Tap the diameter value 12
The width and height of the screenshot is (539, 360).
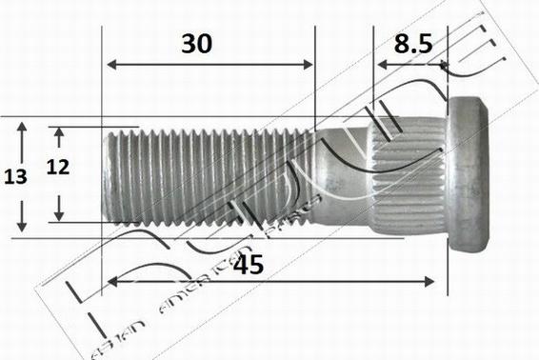click(x=58, y=168)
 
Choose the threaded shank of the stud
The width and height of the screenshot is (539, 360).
click(x=210, y=176)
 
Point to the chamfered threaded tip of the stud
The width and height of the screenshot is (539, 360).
click(x=106, y=176)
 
